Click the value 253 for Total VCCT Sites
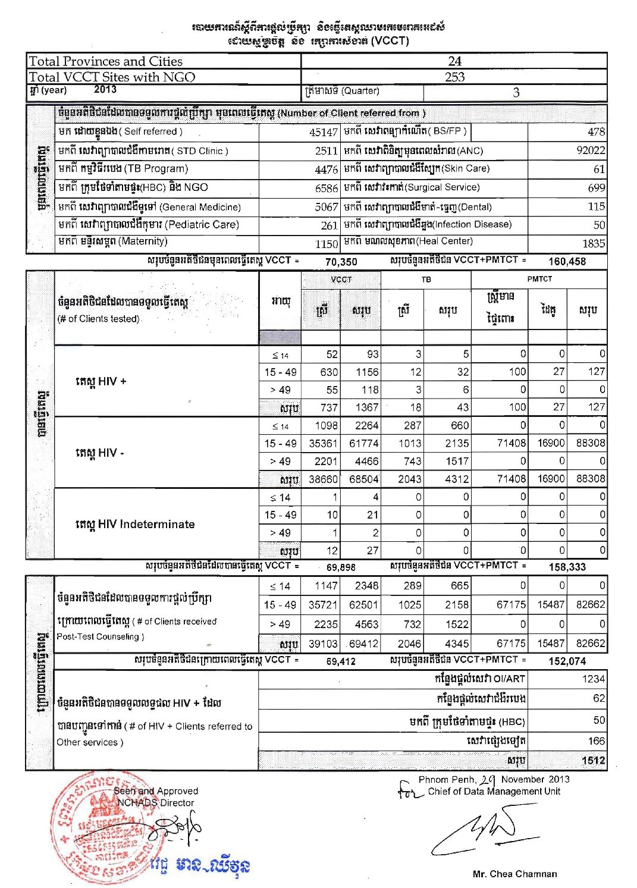(454, 77)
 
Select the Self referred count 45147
(324, 132)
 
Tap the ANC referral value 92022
(591, 150)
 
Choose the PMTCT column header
(539, 279)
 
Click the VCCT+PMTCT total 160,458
(567, 261)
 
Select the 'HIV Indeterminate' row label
(135, 524)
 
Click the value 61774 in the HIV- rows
(363, 443)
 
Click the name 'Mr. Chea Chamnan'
(514, 874)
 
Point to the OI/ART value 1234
(593, 679)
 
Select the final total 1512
(593, 760)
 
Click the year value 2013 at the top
(105, 89)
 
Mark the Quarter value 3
(516, 92)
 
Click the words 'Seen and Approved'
(155, 791)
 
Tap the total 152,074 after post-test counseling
(567, 661)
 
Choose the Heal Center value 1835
(593, 243)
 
